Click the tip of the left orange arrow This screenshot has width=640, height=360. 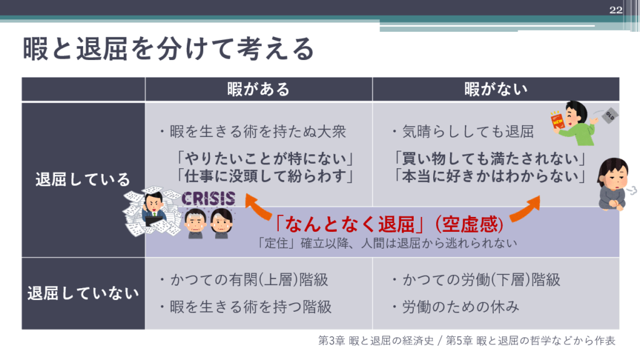pos(246,195)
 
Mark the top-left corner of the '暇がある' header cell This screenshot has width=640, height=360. pos(145,77)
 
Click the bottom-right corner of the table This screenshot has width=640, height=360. pos(619,329)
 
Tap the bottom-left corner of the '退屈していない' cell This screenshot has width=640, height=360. pos(22,329)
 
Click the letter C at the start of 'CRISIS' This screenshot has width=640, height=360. pos(187,199)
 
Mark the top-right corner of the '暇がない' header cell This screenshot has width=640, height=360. pos(619,77)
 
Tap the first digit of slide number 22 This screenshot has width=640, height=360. pos(612,10)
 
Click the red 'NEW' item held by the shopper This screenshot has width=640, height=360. pos(557,121)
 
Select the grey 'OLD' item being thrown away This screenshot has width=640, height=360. pos(610,116)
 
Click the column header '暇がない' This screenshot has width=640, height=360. pos(496,89)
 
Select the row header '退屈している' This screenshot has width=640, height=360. pos(83,179)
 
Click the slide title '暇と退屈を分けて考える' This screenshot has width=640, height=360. pos(168,49)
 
